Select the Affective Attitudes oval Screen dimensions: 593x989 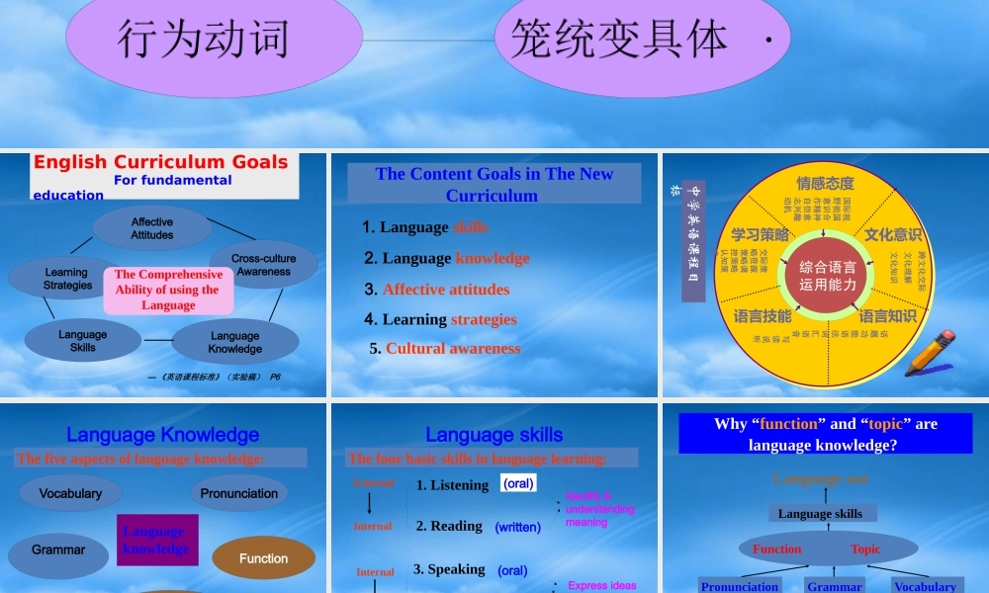point(152,229)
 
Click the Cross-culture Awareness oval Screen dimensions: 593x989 point(263,265)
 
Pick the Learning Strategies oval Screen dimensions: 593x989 point(67,279)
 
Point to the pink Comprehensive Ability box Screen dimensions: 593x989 point(168,291)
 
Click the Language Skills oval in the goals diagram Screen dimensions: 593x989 point(83,341)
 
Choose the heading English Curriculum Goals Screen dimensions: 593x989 point(161,163)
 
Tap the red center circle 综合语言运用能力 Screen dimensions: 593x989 point(828,276)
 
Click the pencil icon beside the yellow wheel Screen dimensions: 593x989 point(930,353)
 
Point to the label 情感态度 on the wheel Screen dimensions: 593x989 point(825,183)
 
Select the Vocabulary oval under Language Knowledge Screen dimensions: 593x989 point(70,493)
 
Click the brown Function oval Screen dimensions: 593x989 point(263,558)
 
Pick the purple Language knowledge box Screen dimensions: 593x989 point(157,540)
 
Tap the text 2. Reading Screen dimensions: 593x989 point(449,526)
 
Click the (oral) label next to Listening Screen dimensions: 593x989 point(518,484)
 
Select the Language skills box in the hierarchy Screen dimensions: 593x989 point(820,513)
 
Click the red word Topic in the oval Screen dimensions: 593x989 point(864,550)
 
